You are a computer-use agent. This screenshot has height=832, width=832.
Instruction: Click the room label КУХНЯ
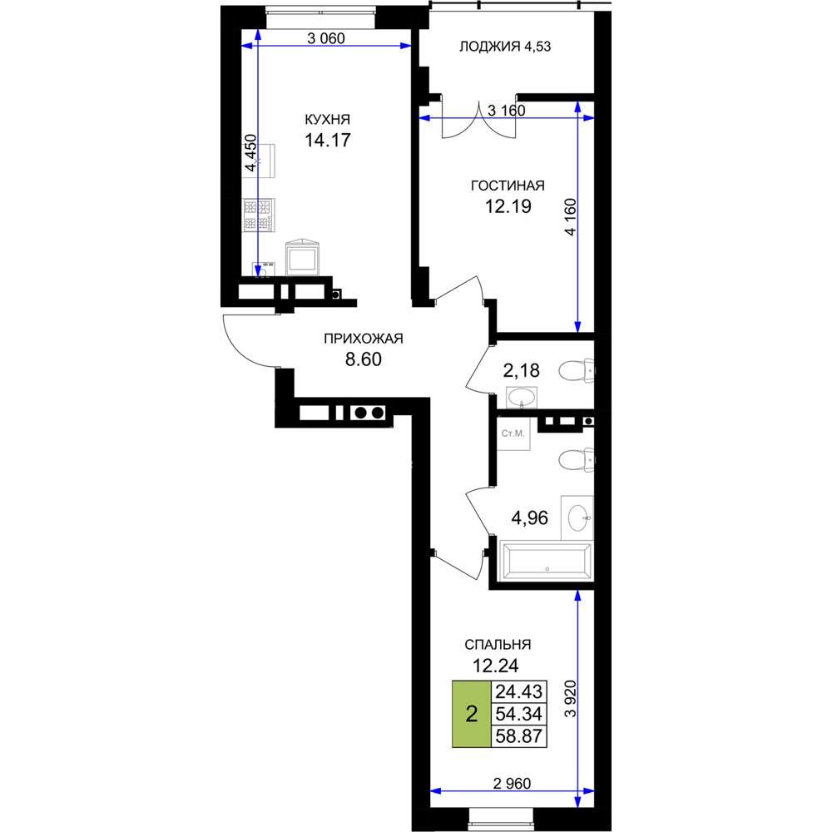[x=327, y=119]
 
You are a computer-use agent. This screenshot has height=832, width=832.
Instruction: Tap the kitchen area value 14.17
[x=327, y=140]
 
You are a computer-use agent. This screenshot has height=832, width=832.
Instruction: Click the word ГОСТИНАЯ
[x=508, y=186]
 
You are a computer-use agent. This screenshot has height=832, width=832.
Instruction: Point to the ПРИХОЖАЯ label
[x=364, y=339]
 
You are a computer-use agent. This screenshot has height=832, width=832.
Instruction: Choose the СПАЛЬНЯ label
[x=498, y=645]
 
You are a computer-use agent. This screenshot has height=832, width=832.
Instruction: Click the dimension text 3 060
[x=326, y=38]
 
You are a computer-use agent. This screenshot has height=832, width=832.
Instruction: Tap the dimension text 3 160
[x=506, y=111]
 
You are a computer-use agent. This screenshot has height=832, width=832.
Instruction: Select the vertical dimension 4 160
[x=571, y=216]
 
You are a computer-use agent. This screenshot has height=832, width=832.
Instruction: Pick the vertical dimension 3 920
[x=571, y=698]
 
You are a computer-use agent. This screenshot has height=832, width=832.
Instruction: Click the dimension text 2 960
[x=512, y=783]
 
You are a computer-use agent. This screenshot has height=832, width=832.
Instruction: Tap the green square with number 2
[x=472, y=714]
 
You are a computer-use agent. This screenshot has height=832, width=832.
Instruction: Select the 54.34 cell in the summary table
[x=519, y=714]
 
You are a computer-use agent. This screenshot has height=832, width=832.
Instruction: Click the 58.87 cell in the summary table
[x=519, y=736]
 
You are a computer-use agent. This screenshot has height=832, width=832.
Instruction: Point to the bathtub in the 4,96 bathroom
[x=546, y=559]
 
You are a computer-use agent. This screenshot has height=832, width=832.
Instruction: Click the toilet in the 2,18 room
[x=577, y=370]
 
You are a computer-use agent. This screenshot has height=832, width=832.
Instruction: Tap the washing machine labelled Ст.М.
[x=513, y=433]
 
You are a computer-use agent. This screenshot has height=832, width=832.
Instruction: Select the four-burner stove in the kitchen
[x=259, y=215]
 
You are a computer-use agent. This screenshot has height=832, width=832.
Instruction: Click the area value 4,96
[x=529, y=518]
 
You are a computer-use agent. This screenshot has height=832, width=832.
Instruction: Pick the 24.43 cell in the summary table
[x=519, y=692]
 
